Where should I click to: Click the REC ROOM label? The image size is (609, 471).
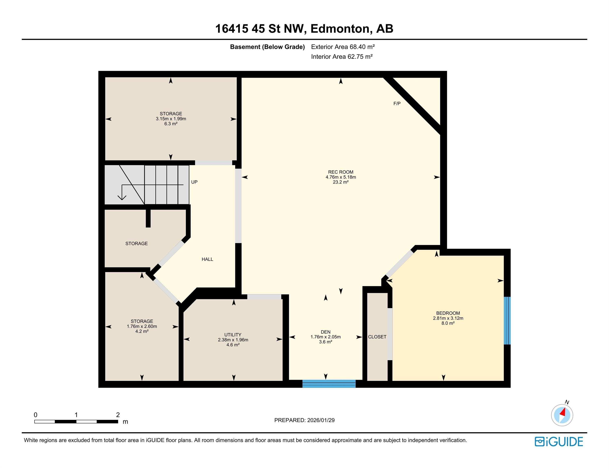(x=341, y=172)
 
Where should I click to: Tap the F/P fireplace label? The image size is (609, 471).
(x=397, y=103)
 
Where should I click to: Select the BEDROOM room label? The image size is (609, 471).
(x=448, y=313)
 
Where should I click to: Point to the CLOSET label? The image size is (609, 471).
(x=377, y=337)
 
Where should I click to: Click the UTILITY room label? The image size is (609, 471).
(x=233, y=335)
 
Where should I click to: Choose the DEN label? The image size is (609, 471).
(x=326, y=332)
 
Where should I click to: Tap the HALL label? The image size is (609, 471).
(x=207, y=259)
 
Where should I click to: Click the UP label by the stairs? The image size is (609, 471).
(x=194, y=182)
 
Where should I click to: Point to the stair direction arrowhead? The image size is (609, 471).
(x=122, y=197)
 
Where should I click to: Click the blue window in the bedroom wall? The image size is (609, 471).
(x=507, y=321)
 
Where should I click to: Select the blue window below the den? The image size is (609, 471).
(x=329, y=384)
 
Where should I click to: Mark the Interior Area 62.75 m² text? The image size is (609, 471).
(x=342, y=57)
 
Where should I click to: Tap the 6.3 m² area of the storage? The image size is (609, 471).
(x=171, y=124)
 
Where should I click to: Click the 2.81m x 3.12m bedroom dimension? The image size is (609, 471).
(x=448, y=318)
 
